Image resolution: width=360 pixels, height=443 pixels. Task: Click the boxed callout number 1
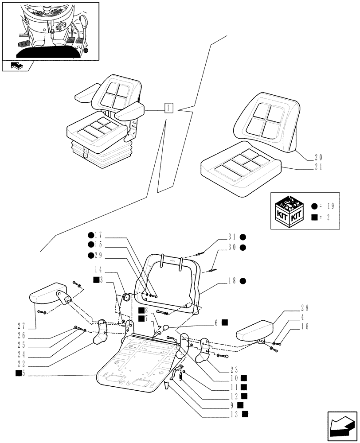coord(169,108)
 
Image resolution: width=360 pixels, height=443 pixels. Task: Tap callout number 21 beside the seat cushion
coord(319,168)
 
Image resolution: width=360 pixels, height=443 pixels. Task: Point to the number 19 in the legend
coord(331,206)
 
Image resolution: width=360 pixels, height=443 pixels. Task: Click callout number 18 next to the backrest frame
coord(232,281)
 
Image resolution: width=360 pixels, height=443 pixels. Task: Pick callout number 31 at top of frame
coord(232,237)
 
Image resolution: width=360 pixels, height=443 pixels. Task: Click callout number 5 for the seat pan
coord(26,374)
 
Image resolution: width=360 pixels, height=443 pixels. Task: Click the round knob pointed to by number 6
coord(166,328)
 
